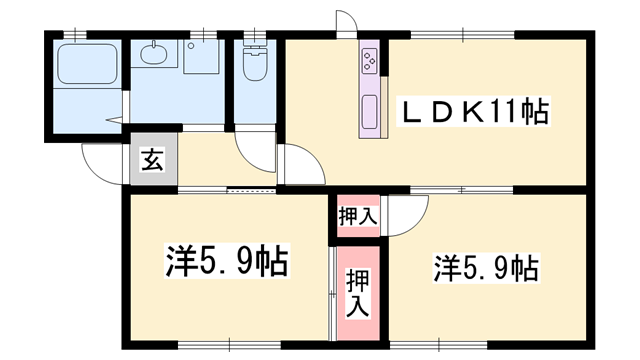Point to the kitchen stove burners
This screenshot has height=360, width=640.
point(369,61)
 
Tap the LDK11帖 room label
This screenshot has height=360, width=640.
point(474,111)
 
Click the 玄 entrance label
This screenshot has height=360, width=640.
point(152,160)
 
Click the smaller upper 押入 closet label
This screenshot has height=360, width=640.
point(357,215)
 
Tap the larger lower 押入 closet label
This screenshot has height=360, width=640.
point(356,293)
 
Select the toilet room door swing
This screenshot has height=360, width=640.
point(256,150)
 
